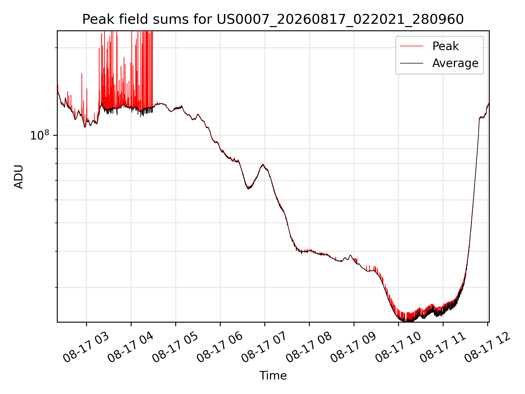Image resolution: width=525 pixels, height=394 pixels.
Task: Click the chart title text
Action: coord(273,19)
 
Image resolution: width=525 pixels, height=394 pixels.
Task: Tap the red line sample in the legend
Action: coord(412,46)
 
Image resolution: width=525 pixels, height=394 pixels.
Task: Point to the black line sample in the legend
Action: coord(412,63)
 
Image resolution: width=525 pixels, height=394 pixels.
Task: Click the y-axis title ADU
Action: coord(19,176)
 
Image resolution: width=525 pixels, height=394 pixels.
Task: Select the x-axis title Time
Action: coord(273,376)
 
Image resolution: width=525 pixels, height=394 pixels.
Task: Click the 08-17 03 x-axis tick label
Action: coord(86,347)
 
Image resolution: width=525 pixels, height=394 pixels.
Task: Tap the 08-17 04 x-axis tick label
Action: coord(131,347)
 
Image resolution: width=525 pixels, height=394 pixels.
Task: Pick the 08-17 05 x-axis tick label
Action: coord(175,347)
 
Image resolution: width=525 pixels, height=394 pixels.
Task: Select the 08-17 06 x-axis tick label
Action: coord(220,347)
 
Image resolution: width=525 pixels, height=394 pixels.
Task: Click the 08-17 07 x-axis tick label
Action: coord(264,347)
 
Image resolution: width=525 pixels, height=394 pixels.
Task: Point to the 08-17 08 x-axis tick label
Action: coord(309,347)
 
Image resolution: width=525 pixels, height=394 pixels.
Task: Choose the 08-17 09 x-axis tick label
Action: coord(354,347)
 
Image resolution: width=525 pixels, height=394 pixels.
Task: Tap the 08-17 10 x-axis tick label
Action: coord(398,347)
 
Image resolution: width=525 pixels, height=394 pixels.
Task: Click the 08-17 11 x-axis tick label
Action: coord(443,347)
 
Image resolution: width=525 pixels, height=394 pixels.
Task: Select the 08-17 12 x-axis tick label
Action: coord(487,347)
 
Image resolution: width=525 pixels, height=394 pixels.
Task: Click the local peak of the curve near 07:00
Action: coord(263,164)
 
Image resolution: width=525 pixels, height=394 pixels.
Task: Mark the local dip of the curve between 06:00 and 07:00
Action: coord(248,189)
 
